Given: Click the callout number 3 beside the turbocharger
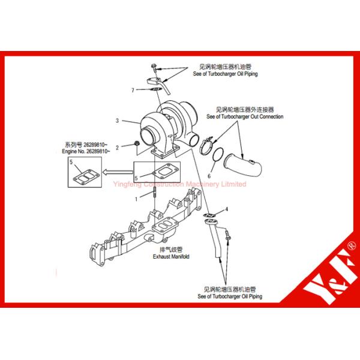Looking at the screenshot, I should click(x=118, y=121).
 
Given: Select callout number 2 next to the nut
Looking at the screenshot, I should click(x=118, y=146).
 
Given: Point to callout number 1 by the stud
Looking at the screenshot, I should click(x=136, y=198).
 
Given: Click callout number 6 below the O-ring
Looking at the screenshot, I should click(x=209, y=176).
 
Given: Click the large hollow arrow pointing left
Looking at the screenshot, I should click(x=116, y=171).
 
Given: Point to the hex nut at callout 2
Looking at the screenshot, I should click(x=137, y=143).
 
